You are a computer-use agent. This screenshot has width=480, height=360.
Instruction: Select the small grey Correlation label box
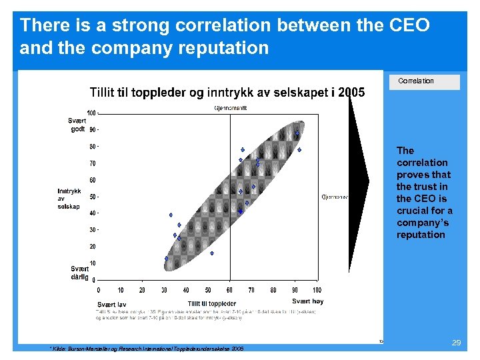pos(424,82)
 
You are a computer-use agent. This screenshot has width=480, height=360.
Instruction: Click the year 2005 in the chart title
pos(351,93)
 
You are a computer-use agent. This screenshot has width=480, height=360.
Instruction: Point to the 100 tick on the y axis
pos(91,112)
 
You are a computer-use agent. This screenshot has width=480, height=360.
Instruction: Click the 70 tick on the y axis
pos(93,163)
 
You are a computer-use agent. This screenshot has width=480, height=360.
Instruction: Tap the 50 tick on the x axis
pos(207,290)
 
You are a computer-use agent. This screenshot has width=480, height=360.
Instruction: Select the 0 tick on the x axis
pos(99,290)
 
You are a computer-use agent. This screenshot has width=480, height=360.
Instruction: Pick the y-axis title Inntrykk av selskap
pos(69,199)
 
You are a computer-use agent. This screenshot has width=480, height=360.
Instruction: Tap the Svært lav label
pos(112,305)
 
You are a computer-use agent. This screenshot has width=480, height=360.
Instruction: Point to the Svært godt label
pos(77,125)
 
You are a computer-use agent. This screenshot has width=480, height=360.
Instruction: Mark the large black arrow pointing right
pos(359,180)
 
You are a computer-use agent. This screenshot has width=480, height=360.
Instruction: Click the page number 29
pos(457,342)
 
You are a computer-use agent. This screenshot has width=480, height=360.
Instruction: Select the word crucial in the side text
pos(412,211)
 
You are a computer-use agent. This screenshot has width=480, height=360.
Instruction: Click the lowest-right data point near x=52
pos(212,253)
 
